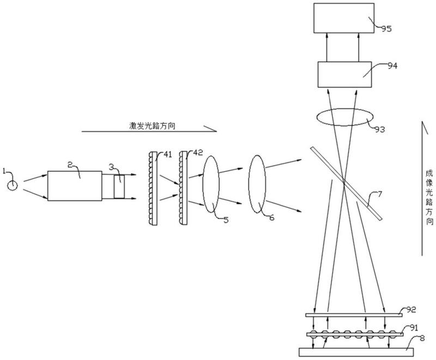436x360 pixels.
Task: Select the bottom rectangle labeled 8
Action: [x=356, y=352]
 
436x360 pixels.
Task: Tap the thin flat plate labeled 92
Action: [x=354, y=315]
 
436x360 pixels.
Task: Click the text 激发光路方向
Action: [x=153, y=126]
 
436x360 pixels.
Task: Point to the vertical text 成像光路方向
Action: [x=429, y=198]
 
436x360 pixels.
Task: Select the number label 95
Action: [x=386, y=29]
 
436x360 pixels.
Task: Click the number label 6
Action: [x=271, y=217]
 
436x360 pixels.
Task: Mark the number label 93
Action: [x=379, y=129]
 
